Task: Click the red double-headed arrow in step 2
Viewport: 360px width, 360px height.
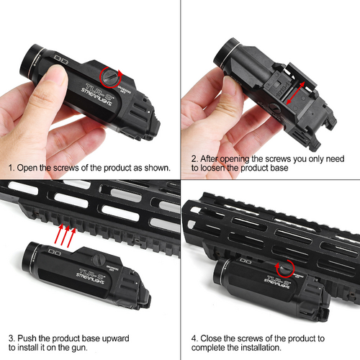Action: point(292,92)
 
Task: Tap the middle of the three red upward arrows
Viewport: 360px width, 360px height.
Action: point(63,234)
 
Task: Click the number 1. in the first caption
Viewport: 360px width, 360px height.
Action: point(12,168)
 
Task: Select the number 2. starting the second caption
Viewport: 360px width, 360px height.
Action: point(195,158)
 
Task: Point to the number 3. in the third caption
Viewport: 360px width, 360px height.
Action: point(12,338)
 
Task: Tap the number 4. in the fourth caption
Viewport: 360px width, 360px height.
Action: point(195,338)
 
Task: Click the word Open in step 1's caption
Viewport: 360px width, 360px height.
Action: point(31,168)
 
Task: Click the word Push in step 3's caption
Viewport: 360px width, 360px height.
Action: point(30,338)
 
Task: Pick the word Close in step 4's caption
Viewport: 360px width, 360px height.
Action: point(215,338)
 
